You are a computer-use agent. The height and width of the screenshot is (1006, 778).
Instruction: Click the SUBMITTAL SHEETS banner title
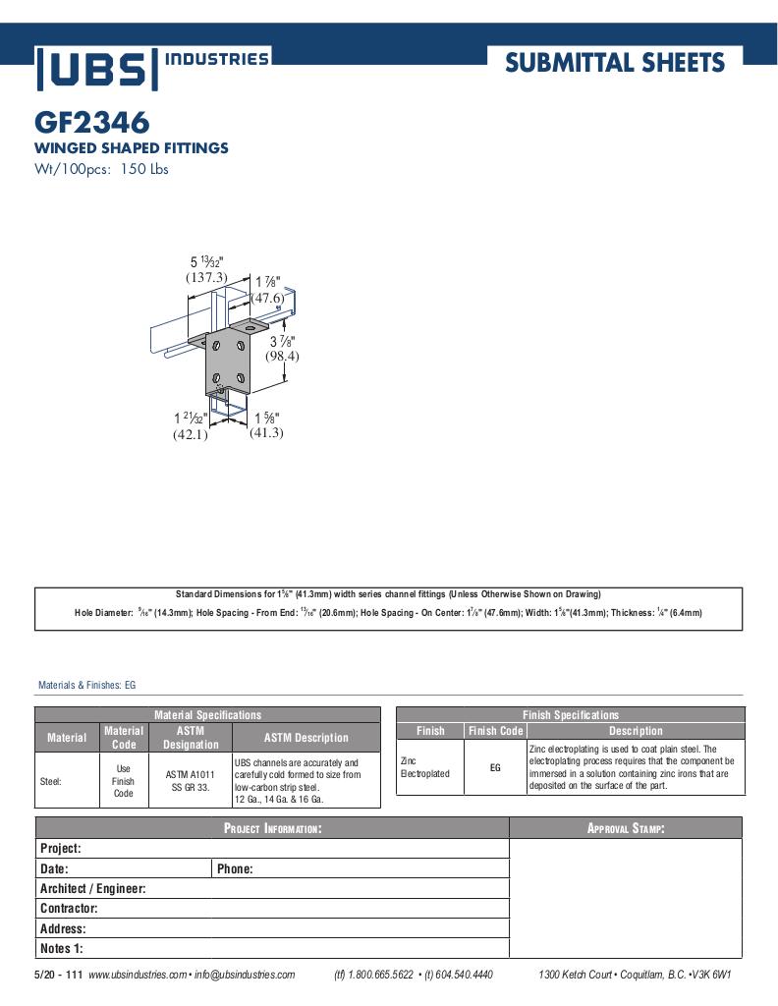click(x=615, y=64)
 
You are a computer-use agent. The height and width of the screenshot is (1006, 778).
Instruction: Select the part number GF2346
click(x=92, y=123)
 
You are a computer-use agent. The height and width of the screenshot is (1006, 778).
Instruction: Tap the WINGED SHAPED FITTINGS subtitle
click(x=132, y=148)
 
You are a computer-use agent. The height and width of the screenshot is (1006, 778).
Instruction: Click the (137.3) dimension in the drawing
click(x=206, y=277)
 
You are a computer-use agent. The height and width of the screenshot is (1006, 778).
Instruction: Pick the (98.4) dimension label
click(x=281, y=356)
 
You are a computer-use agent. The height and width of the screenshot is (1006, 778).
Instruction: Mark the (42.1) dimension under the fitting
click(x=191, y=435)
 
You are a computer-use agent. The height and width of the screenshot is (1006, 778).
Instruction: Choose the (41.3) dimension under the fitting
click(x=266, y=432)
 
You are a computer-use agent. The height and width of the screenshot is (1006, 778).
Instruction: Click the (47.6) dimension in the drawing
click(x=267, y=298)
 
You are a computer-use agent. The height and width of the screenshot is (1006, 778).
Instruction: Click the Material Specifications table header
click(x=207, y=715)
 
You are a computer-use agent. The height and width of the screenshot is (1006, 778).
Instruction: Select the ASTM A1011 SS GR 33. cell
click(x=191, y=781)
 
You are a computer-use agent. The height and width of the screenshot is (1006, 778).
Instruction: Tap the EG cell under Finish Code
click(x=495, y=767)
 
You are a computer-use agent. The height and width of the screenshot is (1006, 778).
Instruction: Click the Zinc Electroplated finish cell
click(x=425, y=767)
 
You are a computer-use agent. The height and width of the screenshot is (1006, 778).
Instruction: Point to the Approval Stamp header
click(x=626, y=829)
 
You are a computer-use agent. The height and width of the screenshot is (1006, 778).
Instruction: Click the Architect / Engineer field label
click(x=92, y=889)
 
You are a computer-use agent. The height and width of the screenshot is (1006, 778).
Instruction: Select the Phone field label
click(x=235, y=869)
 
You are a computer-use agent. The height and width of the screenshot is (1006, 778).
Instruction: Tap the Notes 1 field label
click(x=61, y=949)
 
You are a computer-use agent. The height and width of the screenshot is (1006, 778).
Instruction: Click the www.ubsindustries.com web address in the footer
click(x=138, y=975)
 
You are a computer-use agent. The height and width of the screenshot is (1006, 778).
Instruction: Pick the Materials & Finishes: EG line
click(x=86, y=685)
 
